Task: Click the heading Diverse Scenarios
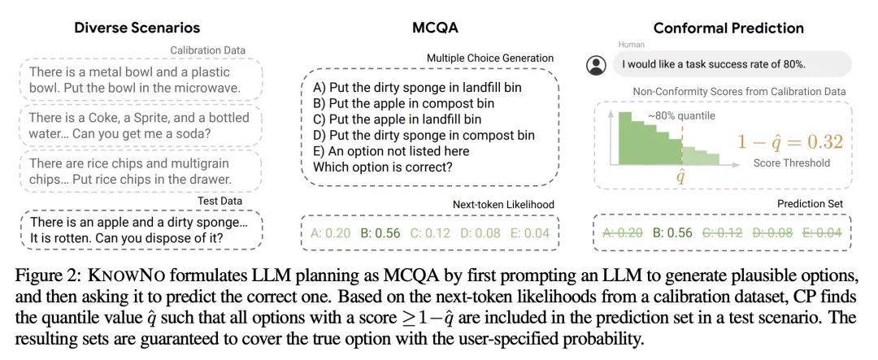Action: tap(137, 28)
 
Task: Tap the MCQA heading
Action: tap(435, 28)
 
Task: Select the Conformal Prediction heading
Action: tap(728, 28)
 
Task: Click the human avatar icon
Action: tap(598, 64)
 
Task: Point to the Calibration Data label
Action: tap(207, 50)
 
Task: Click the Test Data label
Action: tap(219, 201)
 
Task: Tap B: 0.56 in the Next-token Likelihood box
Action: tap(380, 233)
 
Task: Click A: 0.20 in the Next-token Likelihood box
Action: tap(330, 233)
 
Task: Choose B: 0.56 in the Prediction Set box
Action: tap(673, 232)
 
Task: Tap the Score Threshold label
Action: tap(791, 163)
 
